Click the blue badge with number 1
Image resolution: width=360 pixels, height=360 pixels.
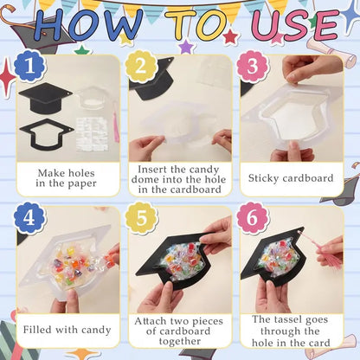point(30,67)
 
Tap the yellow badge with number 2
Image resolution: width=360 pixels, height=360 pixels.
point(141,67)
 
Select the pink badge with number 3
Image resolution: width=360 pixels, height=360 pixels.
point(253,67)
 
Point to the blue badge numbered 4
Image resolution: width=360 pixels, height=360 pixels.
point(30,218)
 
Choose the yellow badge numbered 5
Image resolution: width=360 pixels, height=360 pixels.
point(141,218)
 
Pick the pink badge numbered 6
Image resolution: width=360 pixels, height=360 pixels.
point(253,218)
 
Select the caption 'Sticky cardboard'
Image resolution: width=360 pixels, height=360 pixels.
point(291,178)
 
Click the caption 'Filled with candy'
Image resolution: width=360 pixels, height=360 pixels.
point(67,330)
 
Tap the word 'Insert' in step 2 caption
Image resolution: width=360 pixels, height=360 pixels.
point(152,169)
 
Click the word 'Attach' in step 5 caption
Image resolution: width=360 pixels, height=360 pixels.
point(151,321)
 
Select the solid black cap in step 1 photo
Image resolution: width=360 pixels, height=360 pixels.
point(46,98)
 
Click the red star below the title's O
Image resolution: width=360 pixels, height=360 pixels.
point(230,36)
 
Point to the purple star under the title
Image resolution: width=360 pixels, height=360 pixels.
point(186,47)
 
